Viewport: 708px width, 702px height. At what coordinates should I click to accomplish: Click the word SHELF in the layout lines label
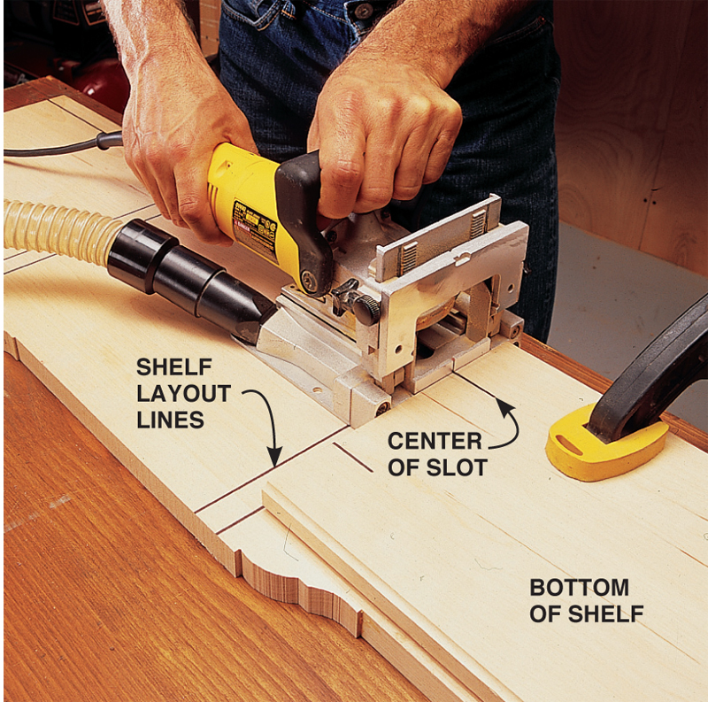pos(173,366)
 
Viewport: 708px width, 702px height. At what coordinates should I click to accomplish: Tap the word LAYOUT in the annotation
pos(184,393)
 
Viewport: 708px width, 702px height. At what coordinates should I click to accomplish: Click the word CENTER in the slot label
pos(435,441)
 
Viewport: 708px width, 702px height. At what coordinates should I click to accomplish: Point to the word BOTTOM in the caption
pos(580,587)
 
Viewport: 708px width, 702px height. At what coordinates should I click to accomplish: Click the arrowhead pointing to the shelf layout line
pos(274,456)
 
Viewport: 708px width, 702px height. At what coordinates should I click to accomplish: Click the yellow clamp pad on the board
pos(606,444)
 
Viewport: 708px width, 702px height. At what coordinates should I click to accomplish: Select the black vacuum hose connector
pos(189,280)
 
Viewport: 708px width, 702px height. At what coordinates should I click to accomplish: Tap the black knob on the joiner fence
pos(366,310)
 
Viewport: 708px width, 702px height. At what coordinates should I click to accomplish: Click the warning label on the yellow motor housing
pos(254,230)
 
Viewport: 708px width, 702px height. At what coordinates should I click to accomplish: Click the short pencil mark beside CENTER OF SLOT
pos(352,457)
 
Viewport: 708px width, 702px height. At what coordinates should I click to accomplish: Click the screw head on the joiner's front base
pos(383,408)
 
